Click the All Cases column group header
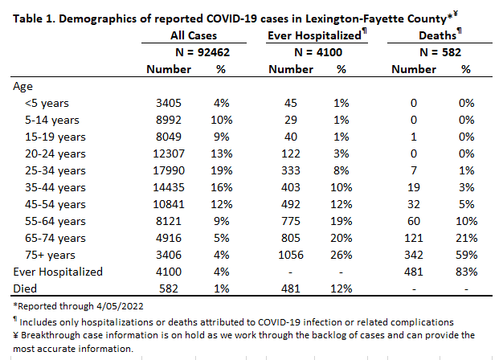coord(194,35)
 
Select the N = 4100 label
coord(318,52)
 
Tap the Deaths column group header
coord(440,35)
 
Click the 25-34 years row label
coord(55,170)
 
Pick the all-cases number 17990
coord(169,170)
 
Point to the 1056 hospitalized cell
coord(291,255)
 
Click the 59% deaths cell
coord(466,255)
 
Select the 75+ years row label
coord(50,255)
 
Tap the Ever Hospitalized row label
coord(58,272)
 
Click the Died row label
coord(25,288)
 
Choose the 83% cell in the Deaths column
coord(466,272)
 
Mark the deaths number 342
coord(414,255)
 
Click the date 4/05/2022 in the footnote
coord(120,306)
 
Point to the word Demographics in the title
coord(97,18)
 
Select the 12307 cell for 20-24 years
coord(169,153)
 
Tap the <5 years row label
coord(47,103)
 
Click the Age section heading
coord(22,87)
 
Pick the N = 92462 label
coord(202,52)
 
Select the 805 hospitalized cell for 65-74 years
coord(291,238)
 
